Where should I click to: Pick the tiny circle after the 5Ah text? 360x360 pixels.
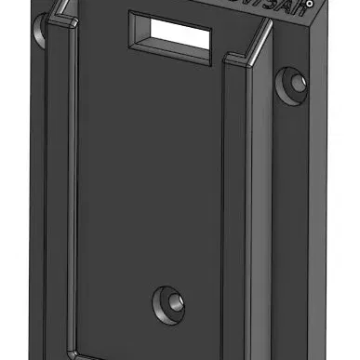[x=321, y=5]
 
